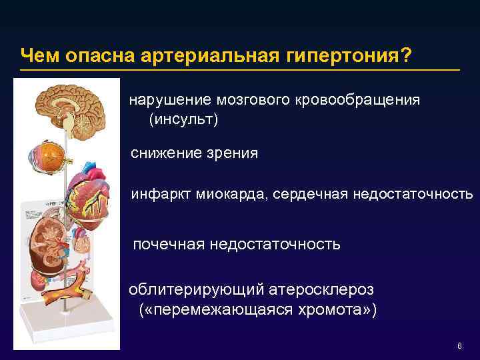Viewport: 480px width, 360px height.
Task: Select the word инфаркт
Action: tap(162, 194)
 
